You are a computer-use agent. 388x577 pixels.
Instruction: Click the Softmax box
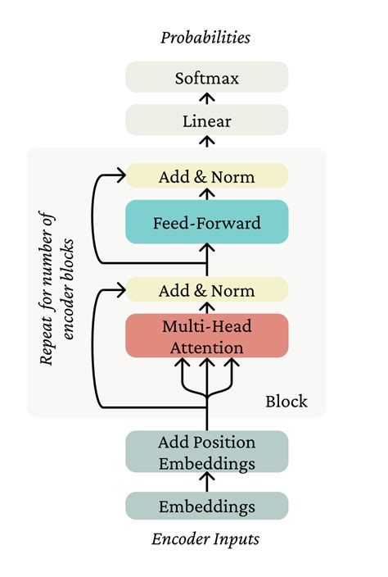pos(207,78)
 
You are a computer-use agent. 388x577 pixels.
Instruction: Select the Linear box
pos(207,121)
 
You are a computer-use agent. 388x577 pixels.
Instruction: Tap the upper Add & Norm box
pos(207,176)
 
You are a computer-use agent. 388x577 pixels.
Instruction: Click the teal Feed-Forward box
pos(207,222)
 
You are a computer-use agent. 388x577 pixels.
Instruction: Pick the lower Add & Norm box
pos(207,290)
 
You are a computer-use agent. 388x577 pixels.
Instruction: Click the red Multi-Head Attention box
pos(207,335)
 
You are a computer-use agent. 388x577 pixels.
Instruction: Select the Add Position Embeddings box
pos(207,452)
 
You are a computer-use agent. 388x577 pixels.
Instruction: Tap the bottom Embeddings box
pos(207,506)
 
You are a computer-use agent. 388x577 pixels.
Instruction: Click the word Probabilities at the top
pos(205,37)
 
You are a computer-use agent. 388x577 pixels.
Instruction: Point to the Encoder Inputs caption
pos(205,539)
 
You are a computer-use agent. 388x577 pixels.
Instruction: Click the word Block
pos(286,401)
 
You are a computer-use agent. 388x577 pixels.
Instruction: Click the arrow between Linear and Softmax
pos(207,100)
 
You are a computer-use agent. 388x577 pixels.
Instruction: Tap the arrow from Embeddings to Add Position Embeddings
pos(207,483)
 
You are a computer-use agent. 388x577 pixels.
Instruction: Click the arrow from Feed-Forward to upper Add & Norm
pos(207,194)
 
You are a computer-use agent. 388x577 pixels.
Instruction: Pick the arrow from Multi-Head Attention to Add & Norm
pos(207,307)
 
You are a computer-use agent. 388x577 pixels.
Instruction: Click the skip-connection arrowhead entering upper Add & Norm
pos(119,176)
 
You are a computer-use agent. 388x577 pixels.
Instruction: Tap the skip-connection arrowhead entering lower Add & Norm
pos(119,290)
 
